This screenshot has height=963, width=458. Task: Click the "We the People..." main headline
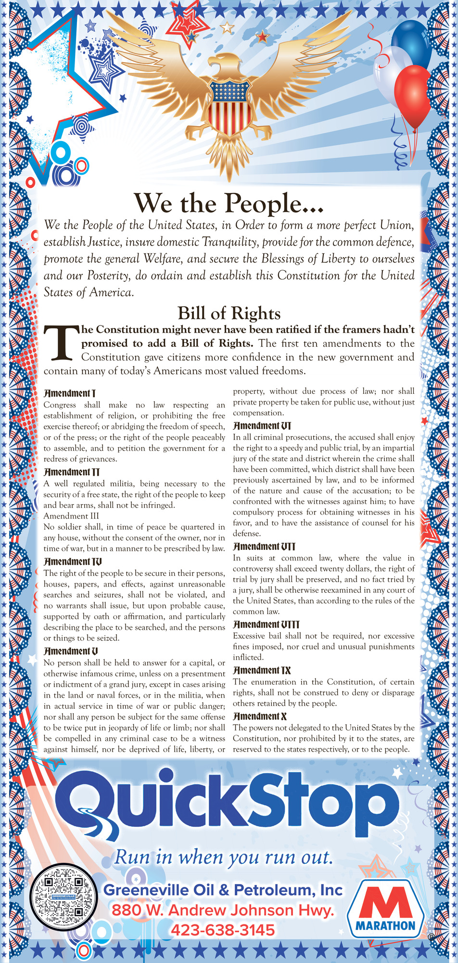point(229,203)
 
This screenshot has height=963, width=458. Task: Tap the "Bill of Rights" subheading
point(229,313)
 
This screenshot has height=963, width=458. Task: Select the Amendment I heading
point(69,393)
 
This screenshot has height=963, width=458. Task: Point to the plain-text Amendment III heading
point(70,516)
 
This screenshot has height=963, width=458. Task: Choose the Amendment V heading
point(71,651)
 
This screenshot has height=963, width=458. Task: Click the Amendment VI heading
point(262,426)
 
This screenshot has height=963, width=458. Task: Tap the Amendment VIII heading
point(266,625)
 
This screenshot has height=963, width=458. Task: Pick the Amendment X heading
point(260,716)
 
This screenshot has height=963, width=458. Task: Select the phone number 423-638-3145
point(222,930)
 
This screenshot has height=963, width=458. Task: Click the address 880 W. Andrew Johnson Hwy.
point(222,910)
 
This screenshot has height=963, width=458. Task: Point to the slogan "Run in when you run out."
point(223,857)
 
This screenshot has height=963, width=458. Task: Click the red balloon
point(413,96)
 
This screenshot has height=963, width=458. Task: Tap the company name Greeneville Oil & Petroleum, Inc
point(223,890)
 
